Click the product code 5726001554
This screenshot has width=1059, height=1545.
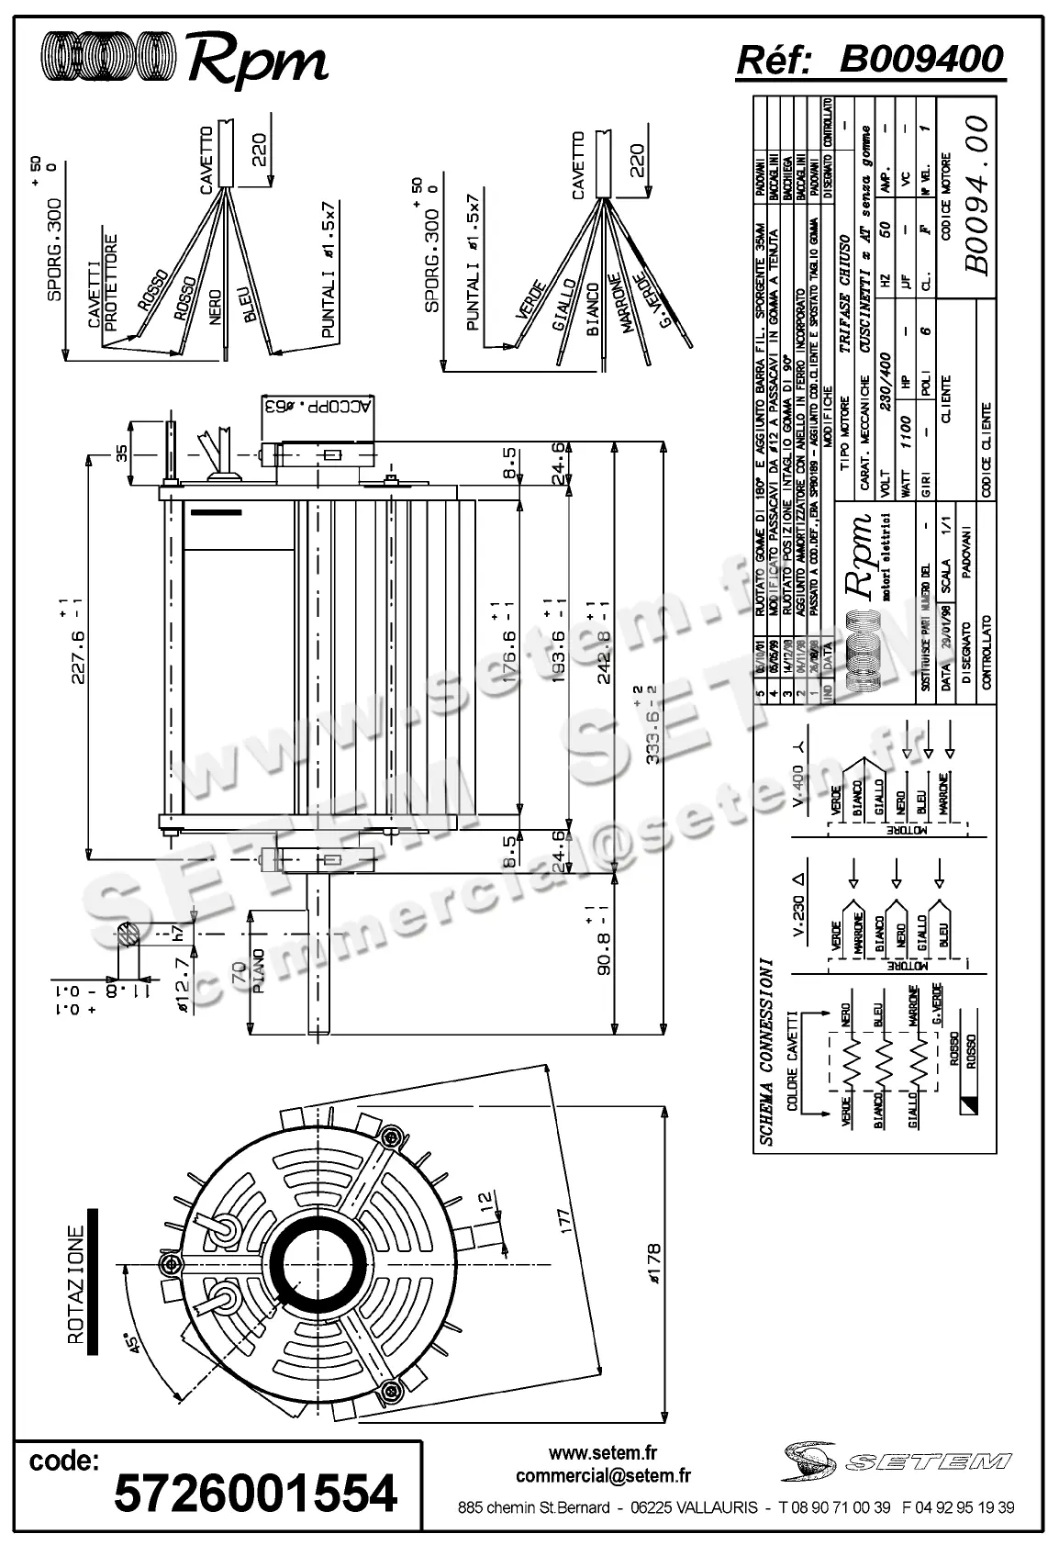click(255, 1493)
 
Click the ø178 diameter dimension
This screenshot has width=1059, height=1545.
click(652, 1263)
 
